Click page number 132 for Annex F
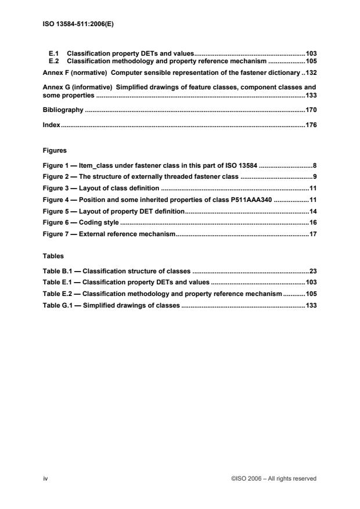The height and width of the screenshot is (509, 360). click(311, 73)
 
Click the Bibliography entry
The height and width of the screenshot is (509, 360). click(63, 109)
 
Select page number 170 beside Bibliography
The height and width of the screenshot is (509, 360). click(311, 109)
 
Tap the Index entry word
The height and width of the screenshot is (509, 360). click(52, 125)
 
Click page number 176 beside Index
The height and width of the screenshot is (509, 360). click(311, 125)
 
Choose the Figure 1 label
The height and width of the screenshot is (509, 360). click(57, 165)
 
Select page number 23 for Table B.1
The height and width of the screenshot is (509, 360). click(312, 270)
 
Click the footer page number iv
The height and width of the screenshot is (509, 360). click(45, 478)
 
